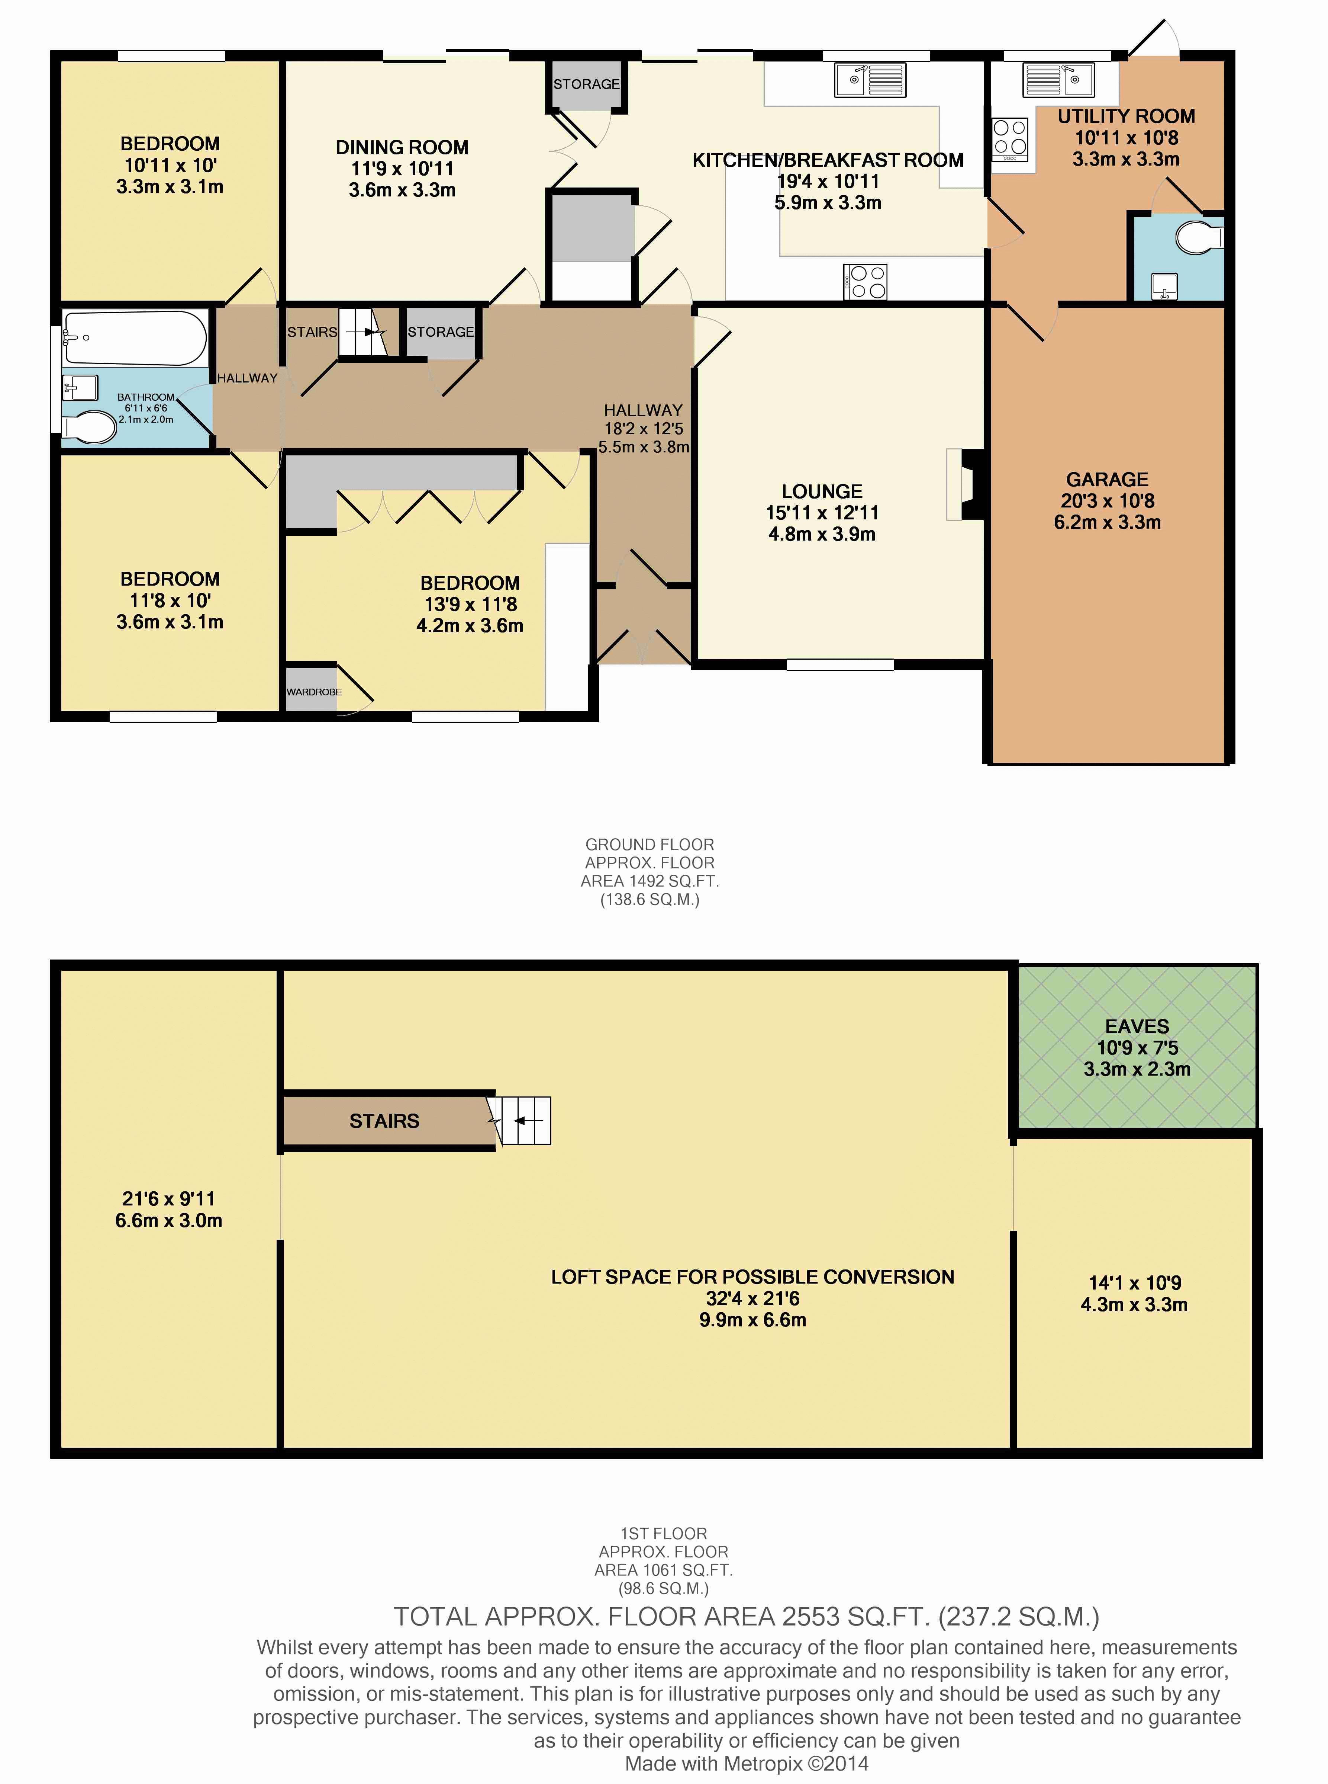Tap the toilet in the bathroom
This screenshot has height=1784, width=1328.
click(x=88, y=428)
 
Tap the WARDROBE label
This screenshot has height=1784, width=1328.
click(x=314, y=692)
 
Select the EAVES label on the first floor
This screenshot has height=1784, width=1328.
click(x=1137, y=1026)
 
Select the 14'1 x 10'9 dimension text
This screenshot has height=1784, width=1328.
click(x=1134, y=1283)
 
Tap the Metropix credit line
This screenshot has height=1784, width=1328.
click(x=747, y=1764)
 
